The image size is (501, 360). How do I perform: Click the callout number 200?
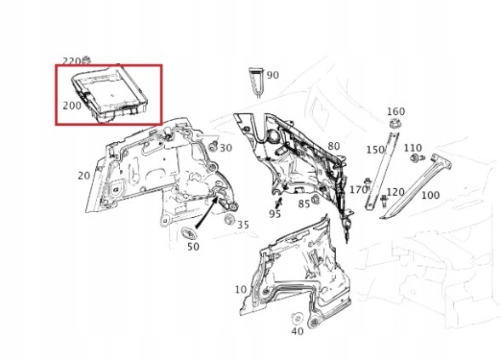(72, 106)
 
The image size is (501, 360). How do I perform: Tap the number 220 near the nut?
(71, 61)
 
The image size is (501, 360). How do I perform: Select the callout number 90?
(272, 76)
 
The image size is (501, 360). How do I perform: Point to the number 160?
(396, 111)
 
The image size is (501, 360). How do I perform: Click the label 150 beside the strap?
(375, 150)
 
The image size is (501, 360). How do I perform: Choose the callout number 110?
(413, 148)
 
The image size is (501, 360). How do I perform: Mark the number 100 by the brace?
(430, 195)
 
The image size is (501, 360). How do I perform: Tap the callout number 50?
(193, 247)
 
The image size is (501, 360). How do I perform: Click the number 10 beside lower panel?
(241, 289)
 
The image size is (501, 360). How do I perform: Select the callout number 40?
(297, 331)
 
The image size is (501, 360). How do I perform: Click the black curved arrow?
(207, 212)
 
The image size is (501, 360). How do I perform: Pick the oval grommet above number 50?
(189, 232)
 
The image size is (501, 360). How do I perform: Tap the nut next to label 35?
(229, 220)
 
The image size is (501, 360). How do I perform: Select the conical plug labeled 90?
(257, 82)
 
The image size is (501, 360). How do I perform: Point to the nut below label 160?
(395, 123)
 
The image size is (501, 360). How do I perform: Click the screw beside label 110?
(417, 158)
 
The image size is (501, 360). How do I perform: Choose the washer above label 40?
(297, 318)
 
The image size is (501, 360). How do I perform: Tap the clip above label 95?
(277, 203)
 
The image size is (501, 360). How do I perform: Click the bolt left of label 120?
(384, 201)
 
